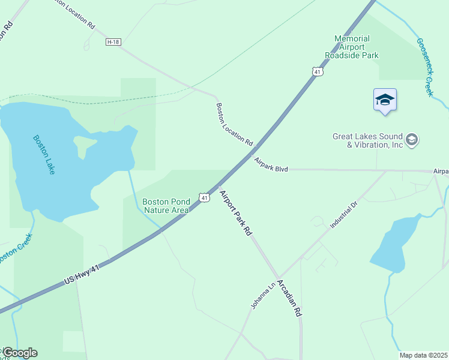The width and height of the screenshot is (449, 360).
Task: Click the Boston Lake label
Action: point(44,155)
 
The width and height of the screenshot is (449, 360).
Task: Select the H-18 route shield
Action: point(113,42)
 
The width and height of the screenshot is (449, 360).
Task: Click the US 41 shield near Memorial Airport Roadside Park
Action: point(318,71)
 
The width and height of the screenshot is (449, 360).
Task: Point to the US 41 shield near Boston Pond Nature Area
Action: point(205,197)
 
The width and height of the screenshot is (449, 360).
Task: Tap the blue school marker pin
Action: point(385,100)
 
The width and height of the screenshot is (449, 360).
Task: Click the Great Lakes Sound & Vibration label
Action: point(368,140)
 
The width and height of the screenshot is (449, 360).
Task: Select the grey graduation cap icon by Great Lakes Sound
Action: point(412,140)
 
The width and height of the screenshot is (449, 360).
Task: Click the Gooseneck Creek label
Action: point(425,67)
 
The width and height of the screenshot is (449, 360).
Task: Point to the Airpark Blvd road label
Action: point(271,166)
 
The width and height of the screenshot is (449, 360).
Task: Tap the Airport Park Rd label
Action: point(235,213)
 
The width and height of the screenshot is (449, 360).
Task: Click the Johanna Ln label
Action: point(263,295)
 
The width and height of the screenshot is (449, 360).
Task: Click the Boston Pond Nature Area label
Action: point(166,206)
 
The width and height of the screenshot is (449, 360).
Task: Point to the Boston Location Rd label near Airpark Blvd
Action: point(234,124)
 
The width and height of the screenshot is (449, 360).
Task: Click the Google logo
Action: point(20,353)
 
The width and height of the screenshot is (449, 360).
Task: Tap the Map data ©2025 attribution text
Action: point(423,355)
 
